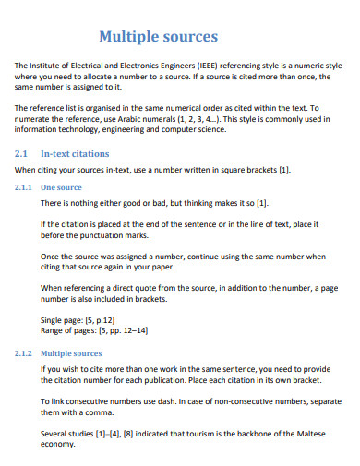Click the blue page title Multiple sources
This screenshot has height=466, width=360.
(158, 37)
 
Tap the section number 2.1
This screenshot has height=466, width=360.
(23, 153)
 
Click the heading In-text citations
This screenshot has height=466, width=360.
(76, 153)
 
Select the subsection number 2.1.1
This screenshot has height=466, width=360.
(26, 187)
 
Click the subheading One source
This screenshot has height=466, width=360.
(62, 187)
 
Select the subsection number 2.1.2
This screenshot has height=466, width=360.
(26, 352)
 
